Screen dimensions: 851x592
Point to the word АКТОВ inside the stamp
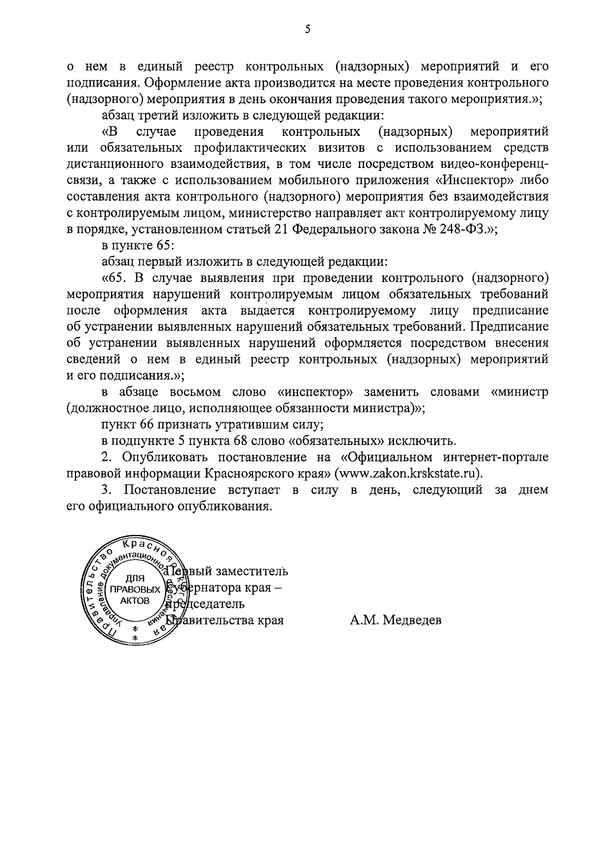(x=134, y=600)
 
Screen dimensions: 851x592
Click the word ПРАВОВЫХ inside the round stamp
(x=135, y=589)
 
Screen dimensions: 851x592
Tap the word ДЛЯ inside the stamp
(x=133, y=578)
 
